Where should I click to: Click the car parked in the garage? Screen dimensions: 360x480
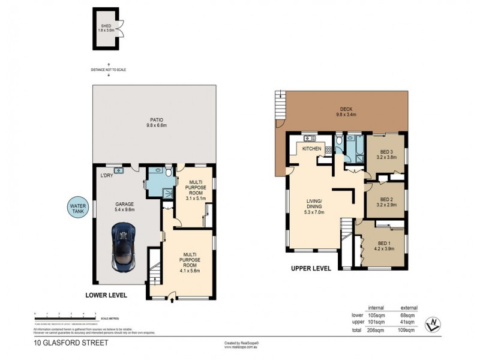[124, 247]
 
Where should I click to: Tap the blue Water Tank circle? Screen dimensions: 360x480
[77, 209]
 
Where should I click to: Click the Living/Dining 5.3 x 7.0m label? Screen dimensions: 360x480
[314, 206]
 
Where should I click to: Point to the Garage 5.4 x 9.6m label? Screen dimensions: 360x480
[125, 207]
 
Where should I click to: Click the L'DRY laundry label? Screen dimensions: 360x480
[107, 176]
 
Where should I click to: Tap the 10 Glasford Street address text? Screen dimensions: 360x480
[62, 344]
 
